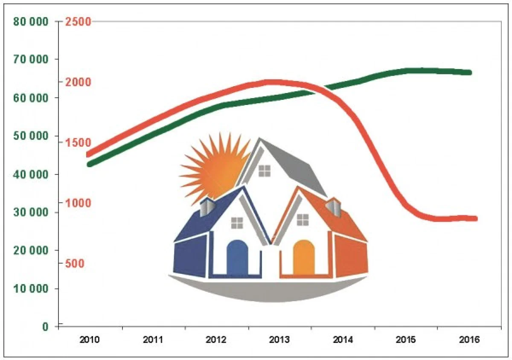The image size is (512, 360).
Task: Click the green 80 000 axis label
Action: [x=31, y=21]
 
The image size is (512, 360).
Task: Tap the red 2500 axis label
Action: [x=78, y=21]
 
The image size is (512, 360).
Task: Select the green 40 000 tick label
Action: [x=31, y=174]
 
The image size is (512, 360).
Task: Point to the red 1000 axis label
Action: [x=78, y=203]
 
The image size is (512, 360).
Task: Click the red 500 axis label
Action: [x=75, y=264]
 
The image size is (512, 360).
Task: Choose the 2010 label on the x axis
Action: [x=90, y=340]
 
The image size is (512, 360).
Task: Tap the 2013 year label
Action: [x=279, y=340]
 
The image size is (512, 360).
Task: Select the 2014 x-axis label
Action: [x=343, y=340]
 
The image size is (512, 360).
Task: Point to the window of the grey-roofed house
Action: [x=265, y=171]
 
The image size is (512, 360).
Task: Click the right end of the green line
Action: [x=469, y=73]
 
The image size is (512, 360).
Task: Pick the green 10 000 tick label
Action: [x=31, y=289]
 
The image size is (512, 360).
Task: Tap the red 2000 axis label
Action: [x=78, y=82]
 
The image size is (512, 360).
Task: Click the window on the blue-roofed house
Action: [x=237, y=223]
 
